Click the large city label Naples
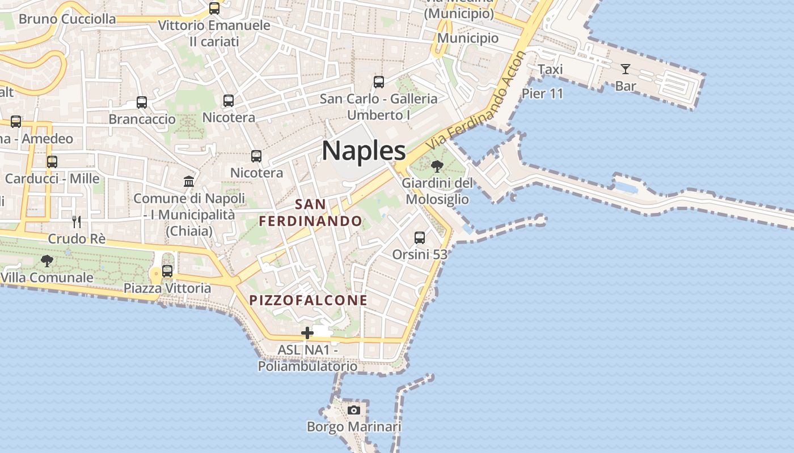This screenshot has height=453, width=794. (x=364, y=151)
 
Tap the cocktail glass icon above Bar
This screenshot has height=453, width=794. (x=625, y=69)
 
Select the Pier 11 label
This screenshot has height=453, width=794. (x=542, y=93)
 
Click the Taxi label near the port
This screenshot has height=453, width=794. (x=550, y=69)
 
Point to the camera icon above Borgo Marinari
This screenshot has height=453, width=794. (x=354, y=410)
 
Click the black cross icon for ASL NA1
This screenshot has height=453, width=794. (x=307, y=333)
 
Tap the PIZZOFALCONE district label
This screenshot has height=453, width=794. (x=309, y=300)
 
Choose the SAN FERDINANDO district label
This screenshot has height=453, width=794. (x=310, y=212)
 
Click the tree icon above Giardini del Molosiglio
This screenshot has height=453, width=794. (x=437, y=166)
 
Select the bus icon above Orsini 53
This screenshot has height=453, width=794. (x=420, y=238)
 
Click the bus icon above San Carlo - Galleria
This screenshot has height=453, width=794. (x=379, y=82)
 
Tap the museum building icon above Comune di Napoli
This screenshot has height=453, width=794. (x=189, y=181)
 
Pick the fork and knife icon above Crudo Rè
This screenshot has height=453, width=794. (x=77, y=221)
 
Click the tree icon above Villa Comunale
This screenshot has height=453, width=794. (x=47, y=261)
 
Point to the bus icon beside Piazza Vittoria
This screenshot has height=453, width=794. (x=167, y=271)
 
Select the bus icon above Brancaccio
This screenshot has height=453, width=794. (x=142, y=102)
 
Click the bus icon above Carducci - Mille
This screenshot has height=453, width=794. (x=52, y=161)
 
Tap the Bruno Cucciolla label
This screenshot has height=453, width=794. (x=67, y=19)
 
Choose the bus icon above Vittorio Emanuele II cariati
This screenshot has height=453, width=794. (x=214, y=8)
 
